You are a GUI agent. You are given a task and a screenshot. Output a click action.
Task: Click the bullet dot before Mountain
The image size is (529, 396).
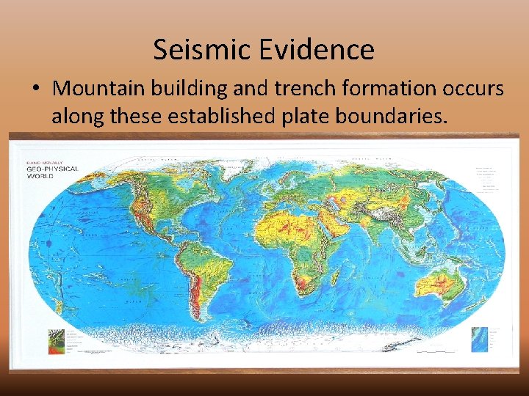click(36, 89)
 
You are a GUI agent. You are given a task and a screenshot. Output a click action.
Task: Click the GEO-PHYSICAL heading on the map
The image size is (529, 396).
click(52, 169)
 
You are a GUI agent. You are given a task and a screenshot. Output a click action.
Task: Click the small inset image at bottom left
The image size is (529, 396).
click(54, 340)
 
